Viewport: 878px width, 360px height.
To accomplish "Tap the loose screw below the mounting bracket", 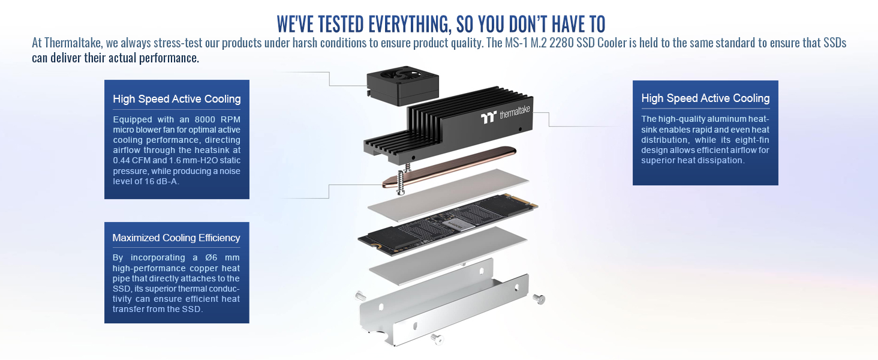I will pyautogui.click(x=437, y=340).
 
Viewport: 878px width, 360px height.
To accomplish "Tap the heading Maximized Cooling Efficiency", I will pyautogui.click(x=176, y=238).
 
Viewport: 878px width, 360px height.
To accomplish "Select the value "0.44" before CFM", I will pyautogui.click(x=122, y=160).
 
